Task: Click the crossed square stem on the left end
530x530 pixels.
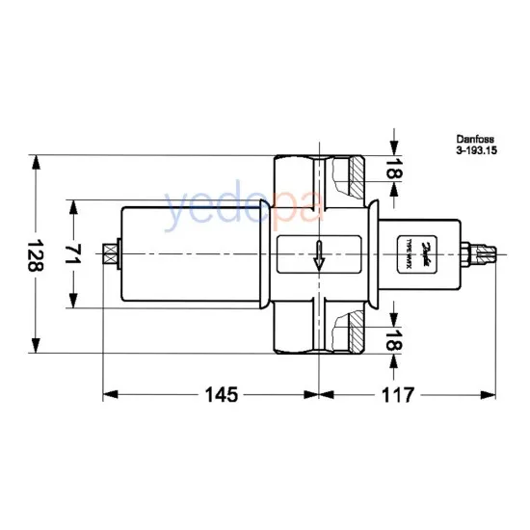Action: pyautogui.click(x=110, y=253)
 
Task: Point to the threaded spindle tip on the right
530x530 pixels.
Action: pyautogui.click(x=488, y=254)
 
